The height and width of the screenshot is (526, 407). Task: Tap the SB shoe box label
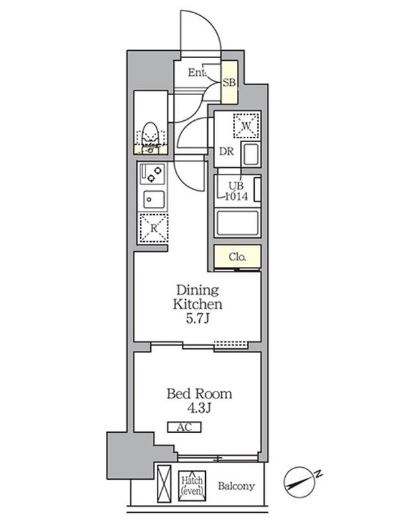[x=229, y=82]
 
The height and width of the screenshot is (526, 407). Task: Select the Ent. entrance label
[x=197, y=72]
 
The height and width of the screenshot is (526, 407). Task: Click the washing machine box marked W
[x=246, y=126]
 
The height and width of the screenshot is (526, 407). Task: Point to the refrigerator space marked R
[x=154, y=228]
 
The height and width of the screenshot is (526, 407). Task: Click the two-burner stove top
[x=152, y=173]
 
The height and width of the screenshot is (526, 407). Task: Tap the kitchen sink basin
[x=154, y=200]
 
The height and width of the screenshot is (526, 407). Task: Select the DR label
[x=226, y=151]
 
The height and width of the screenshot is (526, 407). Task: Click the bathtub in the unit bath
[x=238, y=223]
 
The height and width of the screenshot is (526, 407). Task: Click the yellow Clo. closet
[x=238, y=256]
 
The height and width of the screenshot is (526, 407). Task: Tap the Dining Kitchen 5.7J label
[x=198, y=304]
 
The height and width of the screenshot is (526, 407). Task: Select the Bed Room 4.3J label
[x=199, y=400]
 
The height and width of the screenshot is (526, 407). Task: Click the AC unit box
[x=184, y=427]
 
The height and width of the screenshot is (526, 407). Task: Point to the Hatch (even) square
[x=192, y=486]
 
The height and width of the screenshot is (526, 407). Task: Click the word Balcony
[x=236, y=486]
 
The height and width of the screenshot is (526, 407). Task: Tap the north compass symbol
[x=298, y=482]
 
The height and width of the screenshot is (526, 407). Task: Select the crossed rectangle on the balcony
[x=164, y=484]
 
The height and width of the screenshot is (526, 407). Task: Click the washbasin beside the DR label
[x=251, y=155]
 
